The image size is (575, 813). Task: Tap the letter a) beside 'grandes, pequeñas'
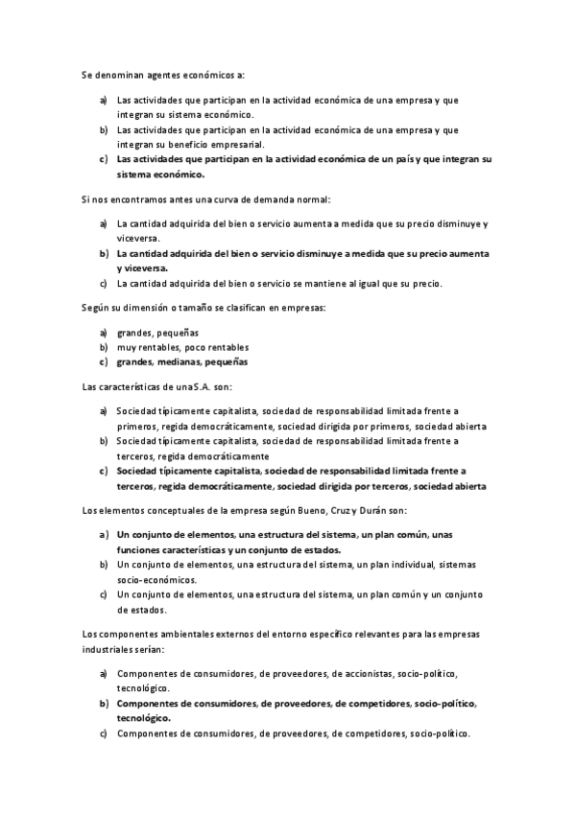click(x=103, y=332)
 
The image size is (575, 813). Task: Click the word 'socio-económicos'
click(x=156, y=580)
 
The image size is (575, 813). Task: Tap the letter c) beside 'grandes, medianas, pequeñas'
click(x=103, y=362)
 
